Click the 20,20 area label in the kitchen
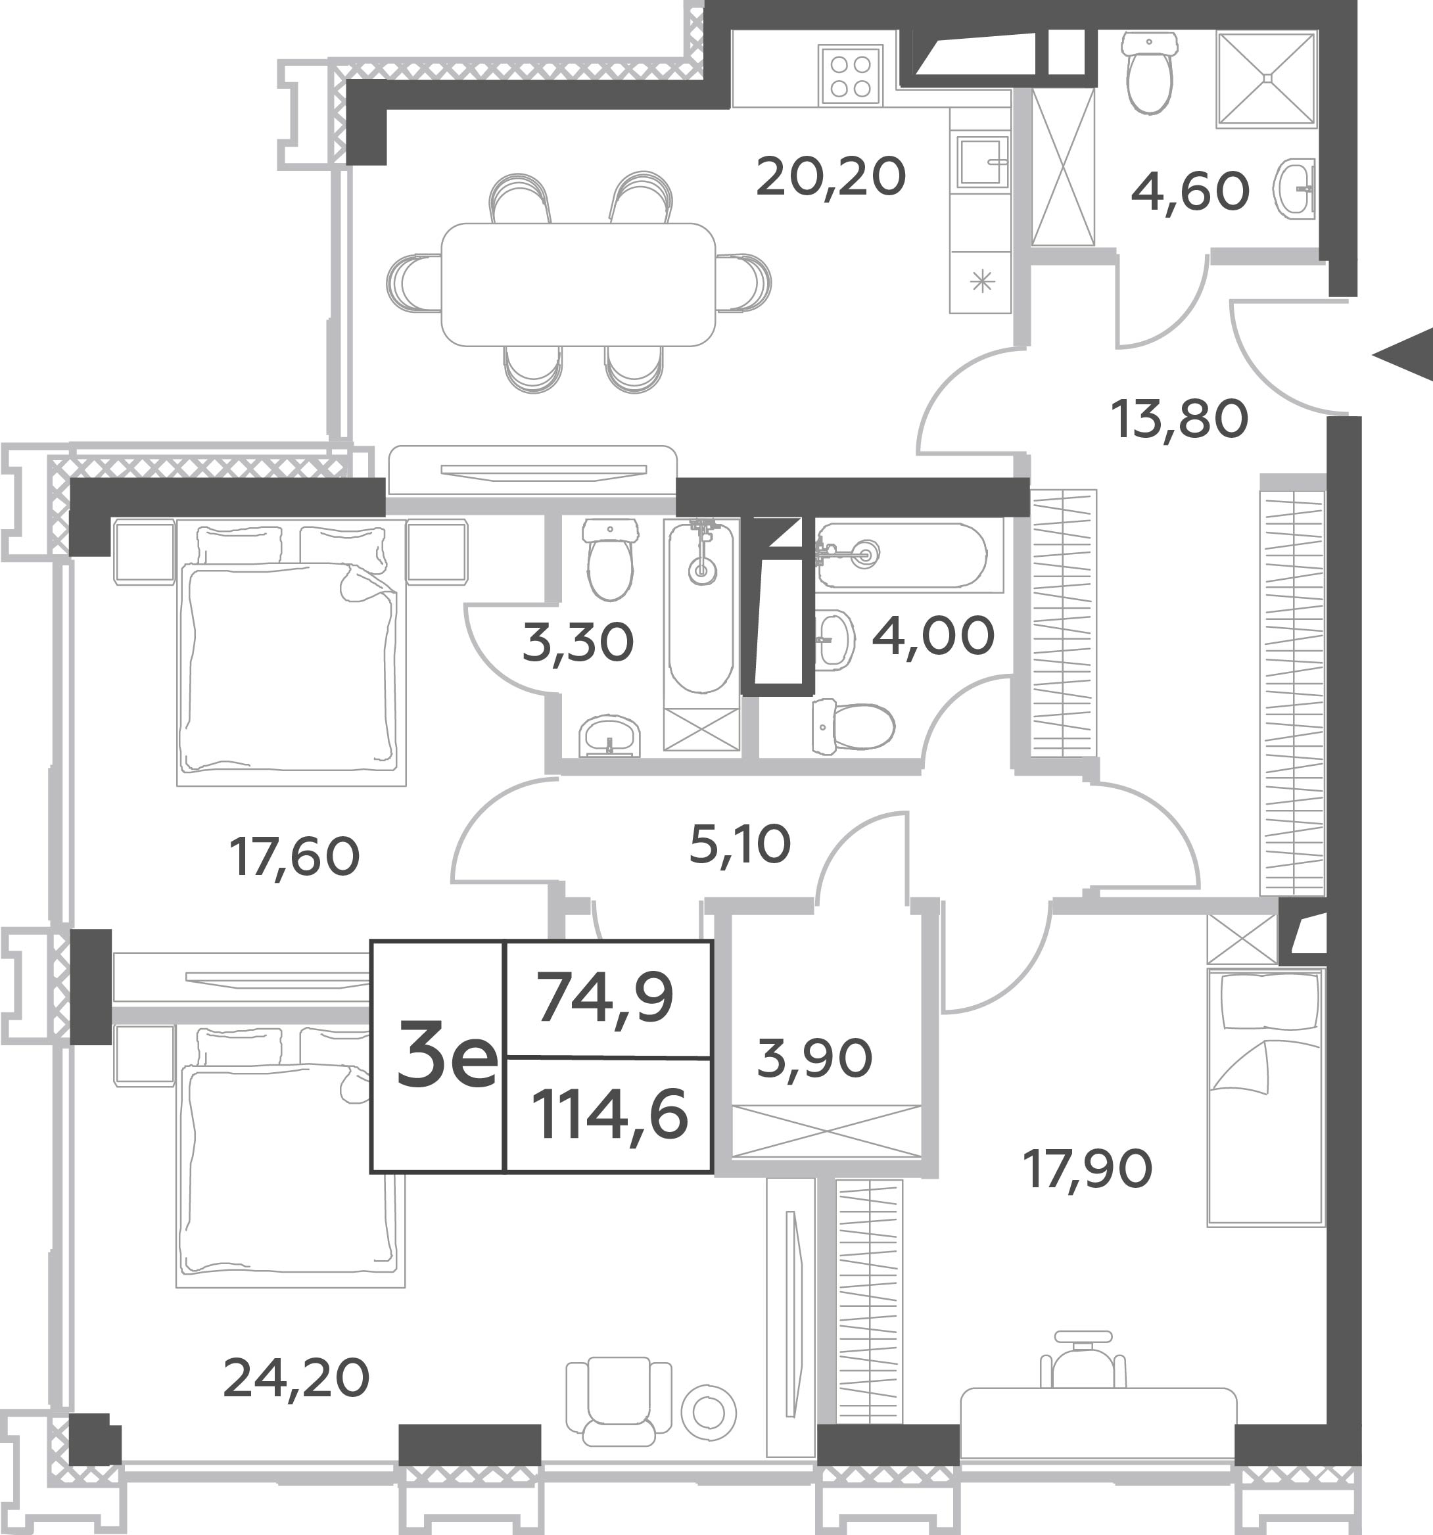(x=831, y=177)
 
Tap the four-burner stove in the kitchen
(x=851, y=76)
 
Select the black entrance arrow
(x=1402, y=354)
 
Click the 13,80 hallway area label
(x=1179, y=419)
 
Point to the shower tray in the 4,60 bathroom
(x=1266, y=78)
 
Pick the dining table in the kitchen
(x=578, y=284)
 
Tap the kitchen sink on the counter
(x=983, y=162)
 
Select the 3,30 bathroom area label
(x=578, y=642)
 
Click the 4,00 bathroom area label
(x=933, y=636)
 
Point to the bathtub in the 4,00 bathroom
(x=902, y=555)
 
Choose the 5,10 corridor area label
(x=740, y=844)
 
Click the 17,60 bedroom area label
(x=294, y=857)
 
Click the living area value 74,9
(x=606, y=998)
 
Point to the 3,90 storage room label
(x=814, y=1058)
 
